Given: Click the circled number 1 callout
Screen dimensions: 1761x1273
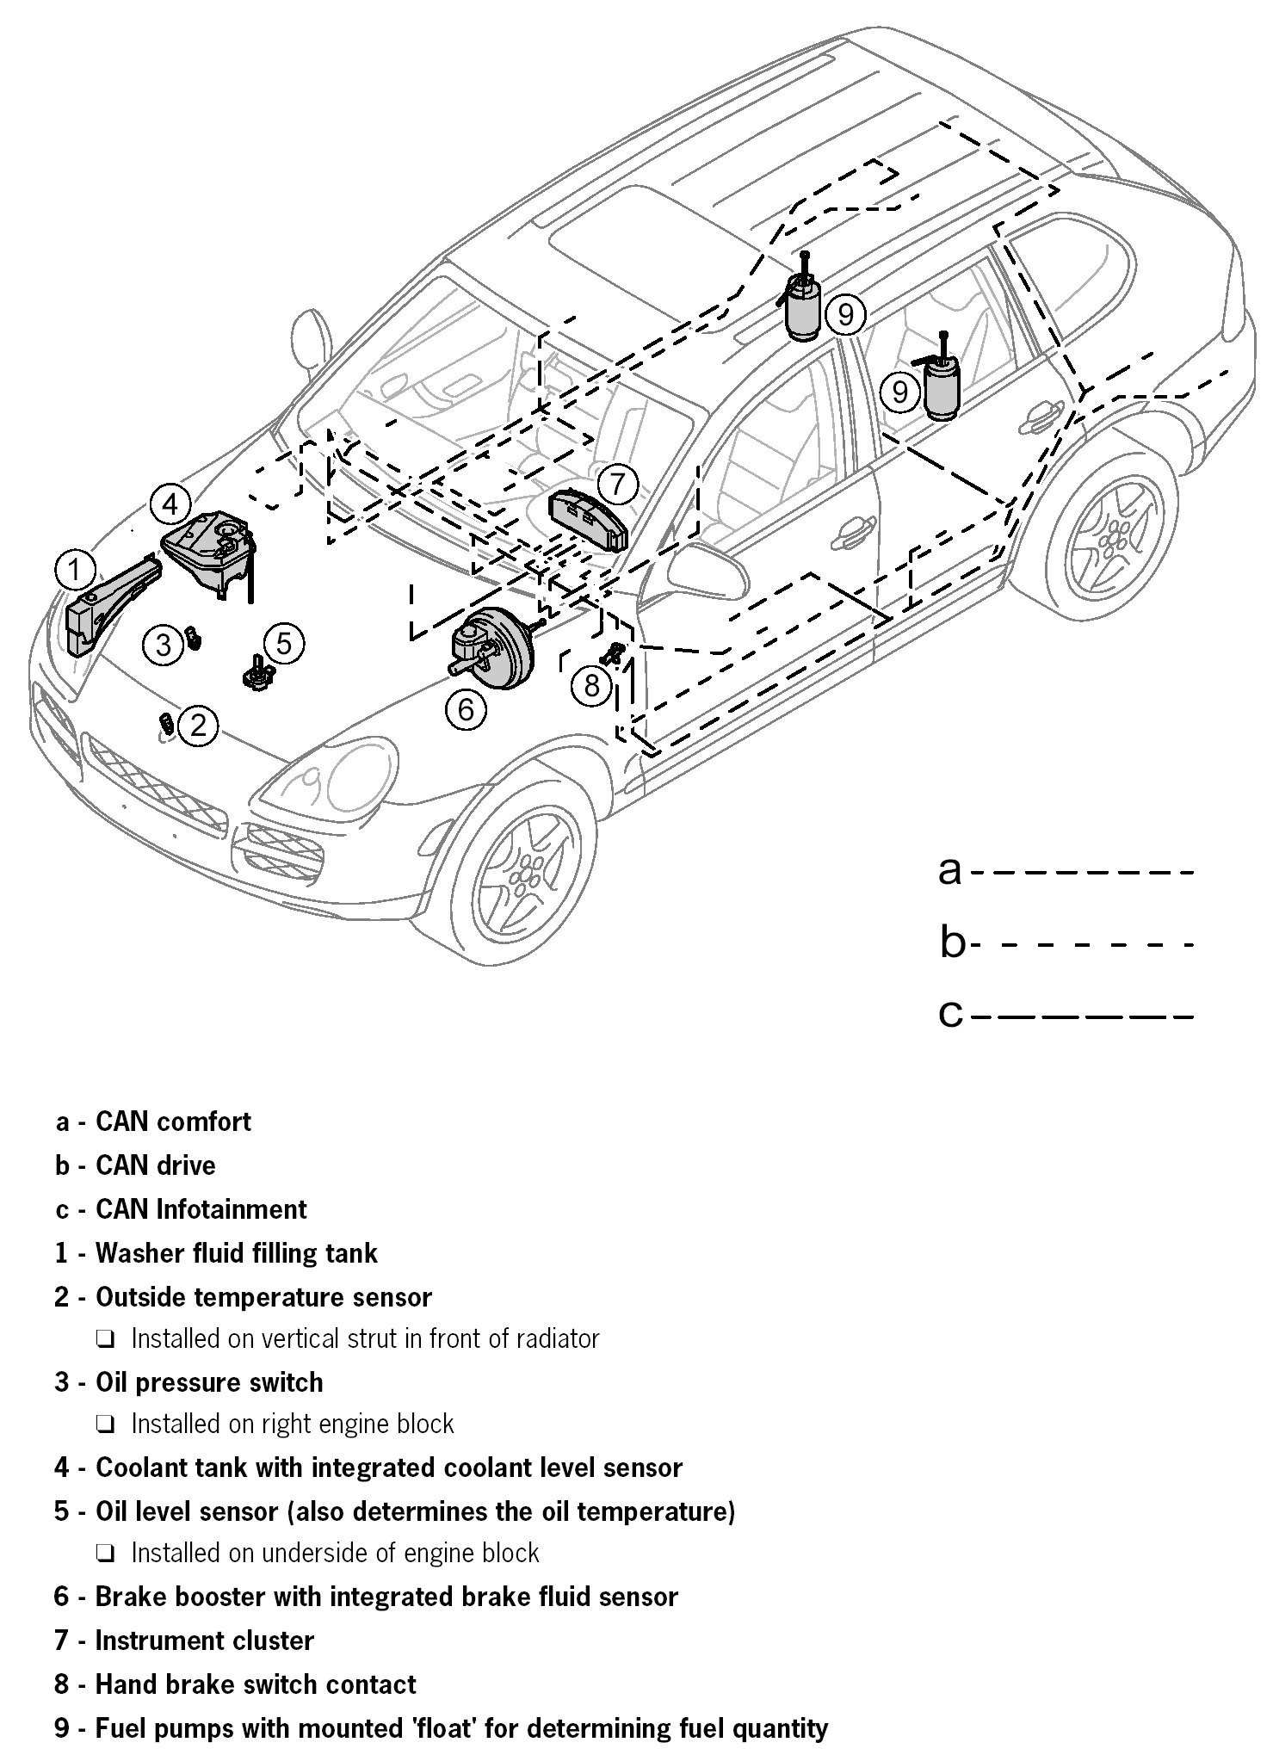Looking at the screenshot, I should coord(75,570).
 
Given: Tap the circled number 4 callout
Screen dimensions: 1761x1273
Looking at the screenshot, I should coord(170,504).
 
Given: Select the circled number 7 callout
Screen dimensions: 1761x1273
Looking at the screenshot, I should coord(617,485).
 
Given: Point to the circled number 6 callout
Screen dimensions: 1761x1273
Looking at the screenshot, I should coord(466,709).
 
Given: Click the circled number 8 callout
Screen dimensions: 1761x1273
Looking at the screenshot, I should coord(591,686).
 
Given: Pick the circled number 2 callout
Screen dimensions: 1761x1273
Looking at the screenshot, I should coord(198,726).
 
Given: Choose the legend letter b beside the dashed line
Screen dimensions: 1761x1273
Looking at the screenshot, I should coord(953,944).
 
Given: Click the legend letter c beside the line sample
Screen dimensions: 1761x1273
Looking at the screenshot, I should coord(950,1015).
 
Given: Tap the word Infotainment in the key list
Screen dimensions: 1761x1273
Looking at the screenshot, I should coord(231,1208).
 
